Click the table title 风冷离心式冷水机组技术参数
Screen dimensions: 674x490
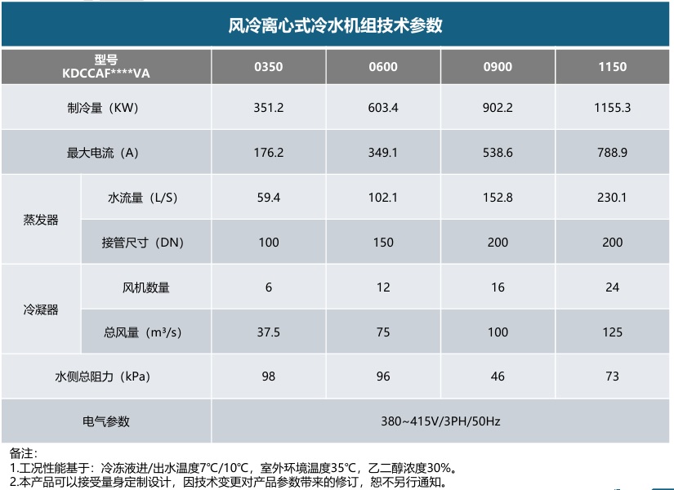[335, 25]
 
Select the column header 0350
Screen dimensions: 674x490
[268, 67]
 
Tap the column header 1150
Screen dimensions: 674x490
[612, 67]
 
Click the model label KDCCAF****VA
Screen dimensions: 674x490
[105, 73]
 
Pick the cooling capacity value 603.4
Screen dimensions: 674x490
[383, 108]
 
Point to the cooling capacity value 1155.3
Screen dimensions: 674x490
[612, 108]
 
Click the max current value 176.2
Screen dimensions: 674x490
[268, 153]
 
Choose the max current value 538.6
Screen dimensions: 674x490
[498, 153]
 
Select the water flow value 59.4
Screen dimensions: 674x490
[268, 198]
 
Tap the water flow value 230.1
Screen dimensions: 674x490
[612, 198]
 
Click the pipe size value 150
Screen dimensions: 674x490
[383, 243]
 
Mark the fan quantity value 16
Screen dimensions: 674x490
[498, 287]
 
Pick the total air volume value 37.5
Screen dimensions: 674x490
[268, 332]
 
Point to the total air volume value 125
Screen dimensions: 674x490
[612, 332]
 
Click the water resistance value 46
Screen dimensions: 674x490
[498, 376]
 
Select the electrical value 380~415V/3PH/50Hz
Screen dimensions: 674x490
[440, 421]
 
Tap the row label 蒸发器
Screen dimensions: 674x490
[41, 220]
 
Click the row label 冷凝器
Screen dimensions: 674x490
[41, 310]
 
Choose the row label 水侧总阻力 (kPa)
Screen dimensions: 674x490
[102, 377]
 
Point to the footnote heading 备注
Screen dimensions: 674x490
[23, 453]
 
